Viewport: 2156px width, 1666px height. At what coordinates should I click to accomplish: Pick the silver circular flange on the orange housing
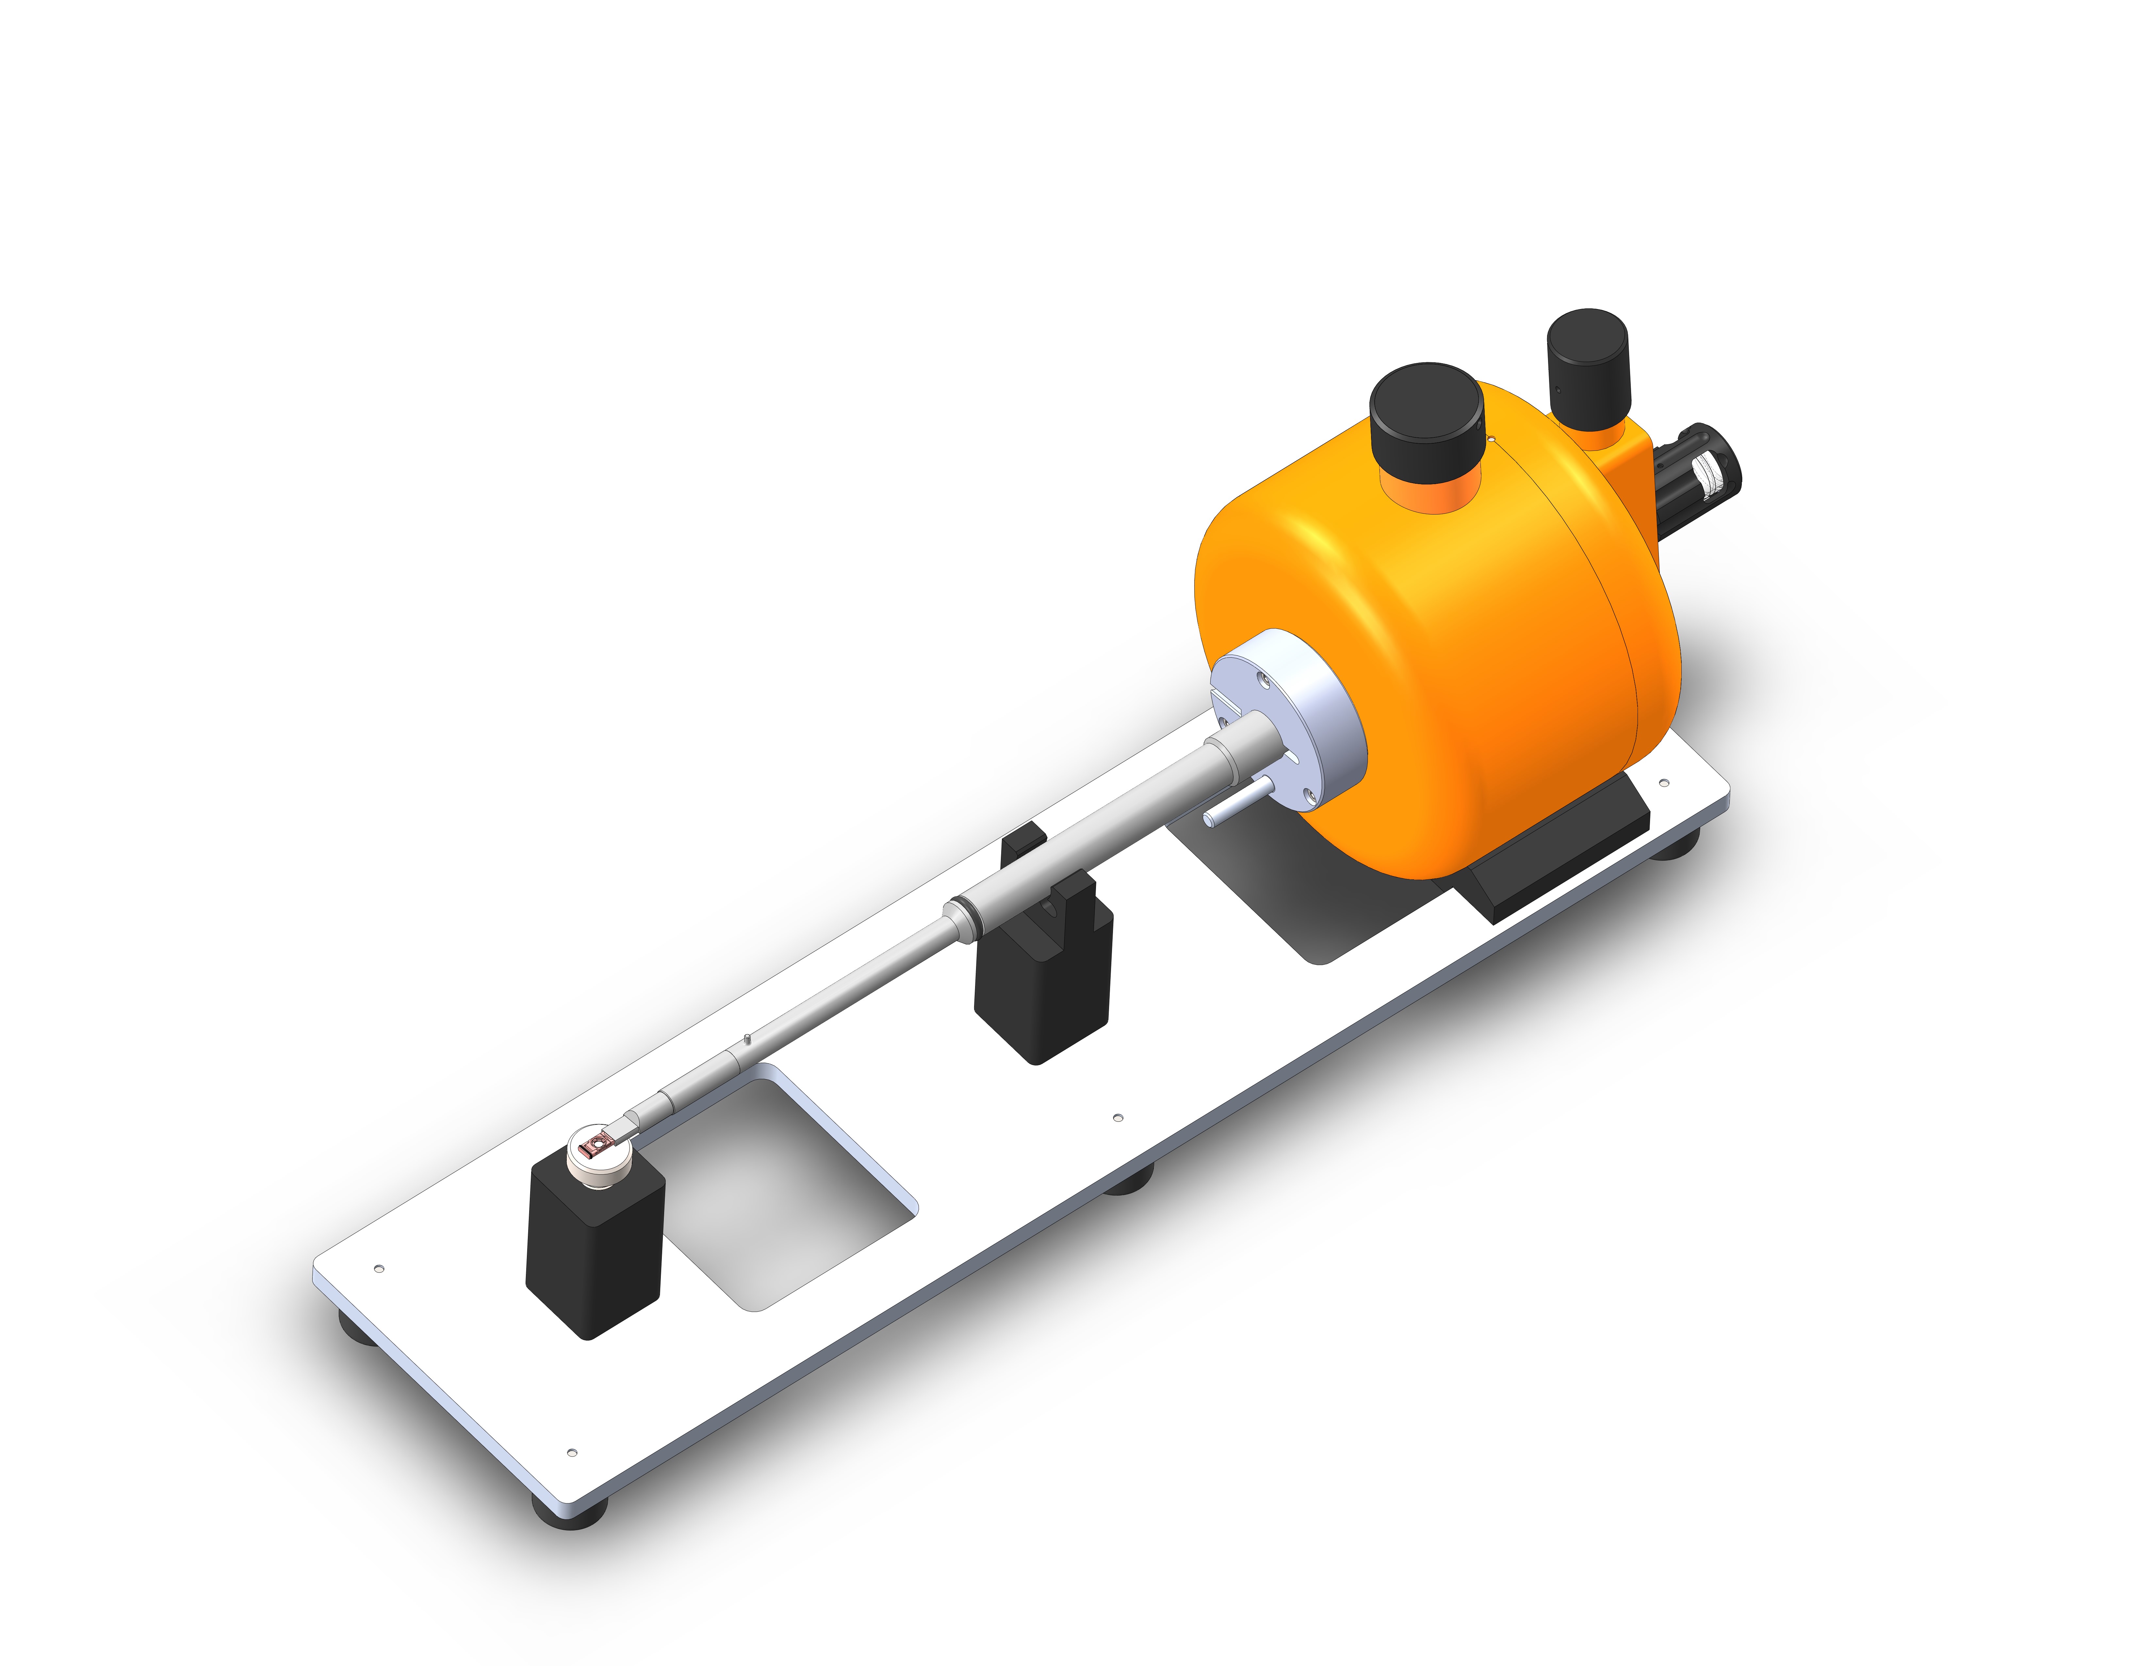(x=1283, y=710)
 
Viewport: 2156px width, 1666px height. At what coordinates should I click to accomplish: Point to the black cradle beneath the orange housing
(x=1540, y=869)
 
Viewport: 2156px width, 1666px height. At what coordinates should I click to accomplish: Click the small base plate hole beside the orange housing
(x=1663, y=783)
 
